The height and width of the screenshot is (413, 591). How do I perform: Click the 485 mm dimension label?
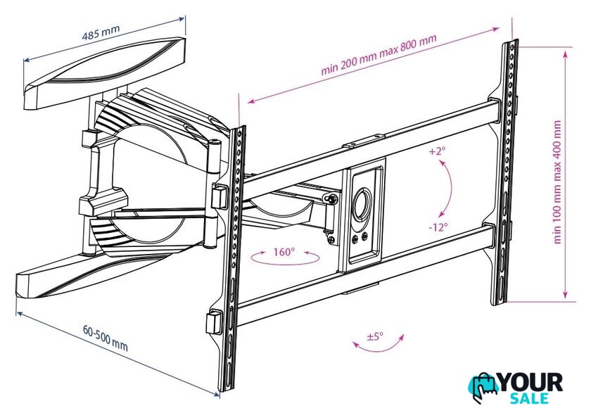[x=101, y=32]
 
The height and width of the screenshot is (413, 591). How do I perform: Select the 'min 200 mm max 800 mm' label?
[x=379, y=54]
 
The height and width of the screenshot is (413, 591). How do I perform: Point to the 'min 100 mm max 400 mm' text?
[x=557, y=182]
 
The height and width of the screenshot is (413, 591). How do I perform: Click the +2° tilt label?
[x=437, y=151]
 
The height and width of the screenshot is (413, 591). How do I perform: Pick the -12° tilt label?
[x=438, y=227]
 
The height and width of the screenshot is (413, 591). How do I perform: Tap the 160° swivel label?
[x=284, y=252]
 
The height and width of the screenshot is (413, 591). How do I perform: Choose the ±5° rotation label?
[x=375, y=336]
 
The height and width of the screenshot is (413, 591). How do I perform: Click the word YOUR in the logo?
[x=530, y=383]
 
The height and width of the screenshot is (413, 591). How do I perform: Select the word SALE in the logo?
[x=530, y=398]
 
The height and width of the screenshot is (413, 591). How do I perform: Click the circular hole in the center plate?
[x=362, y=203]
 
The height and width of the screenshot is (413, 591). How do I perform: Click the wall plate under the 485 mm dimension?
[x=105, y=72]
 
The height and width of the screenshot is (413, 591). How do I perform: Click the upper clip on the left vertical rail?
[x=220, y=196]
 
